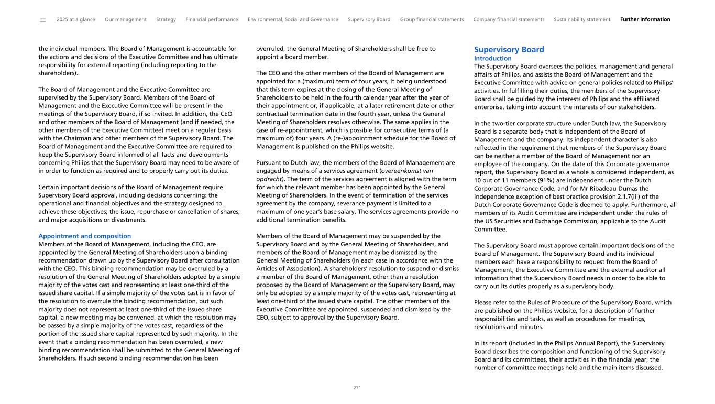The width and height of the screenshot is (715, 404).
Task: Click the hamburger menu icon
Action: (x=43, y=20)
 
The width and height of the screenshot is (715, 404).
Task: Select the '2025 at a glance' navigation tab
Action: (x=76, y=20)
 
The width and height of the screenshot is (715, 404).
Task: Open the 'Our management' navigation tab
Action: (x=126, y=20)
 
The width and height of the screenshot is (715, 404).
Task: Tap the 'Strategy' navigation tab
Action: (x=166, y=20)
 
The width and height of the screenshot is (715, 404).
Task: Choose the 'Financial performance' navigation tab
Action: (x=212, y=20)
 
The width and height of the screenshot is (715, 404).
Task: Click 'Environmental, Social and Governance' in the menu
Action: (x=293, y=20)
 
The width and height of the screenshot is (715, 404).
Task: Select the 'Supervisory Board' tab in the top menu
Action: (x=369, y=20)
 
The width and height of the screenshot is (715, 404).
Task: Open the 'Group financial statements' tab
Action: (x=432, y=20)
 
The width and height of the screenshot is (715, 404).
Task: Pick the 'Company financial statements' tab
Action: (x=509, y=20)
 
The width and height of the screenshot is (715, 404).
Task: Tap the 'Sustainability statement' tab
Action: (x=582, y=20)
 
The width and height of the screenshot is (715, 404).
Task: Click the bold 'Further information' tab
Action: (x=645, y=20)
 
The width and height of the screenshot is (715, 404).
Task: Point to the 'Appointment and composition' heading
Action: (x=85, y=236)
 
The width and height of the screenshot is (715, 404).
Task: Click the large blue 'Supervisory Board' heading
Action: (x=509, y=50)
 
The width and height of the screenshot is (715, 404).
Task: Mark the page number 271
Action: (x=357, y=388)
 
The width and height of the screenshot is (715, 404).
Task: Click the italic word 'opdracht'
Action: (x=268, y=179)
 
